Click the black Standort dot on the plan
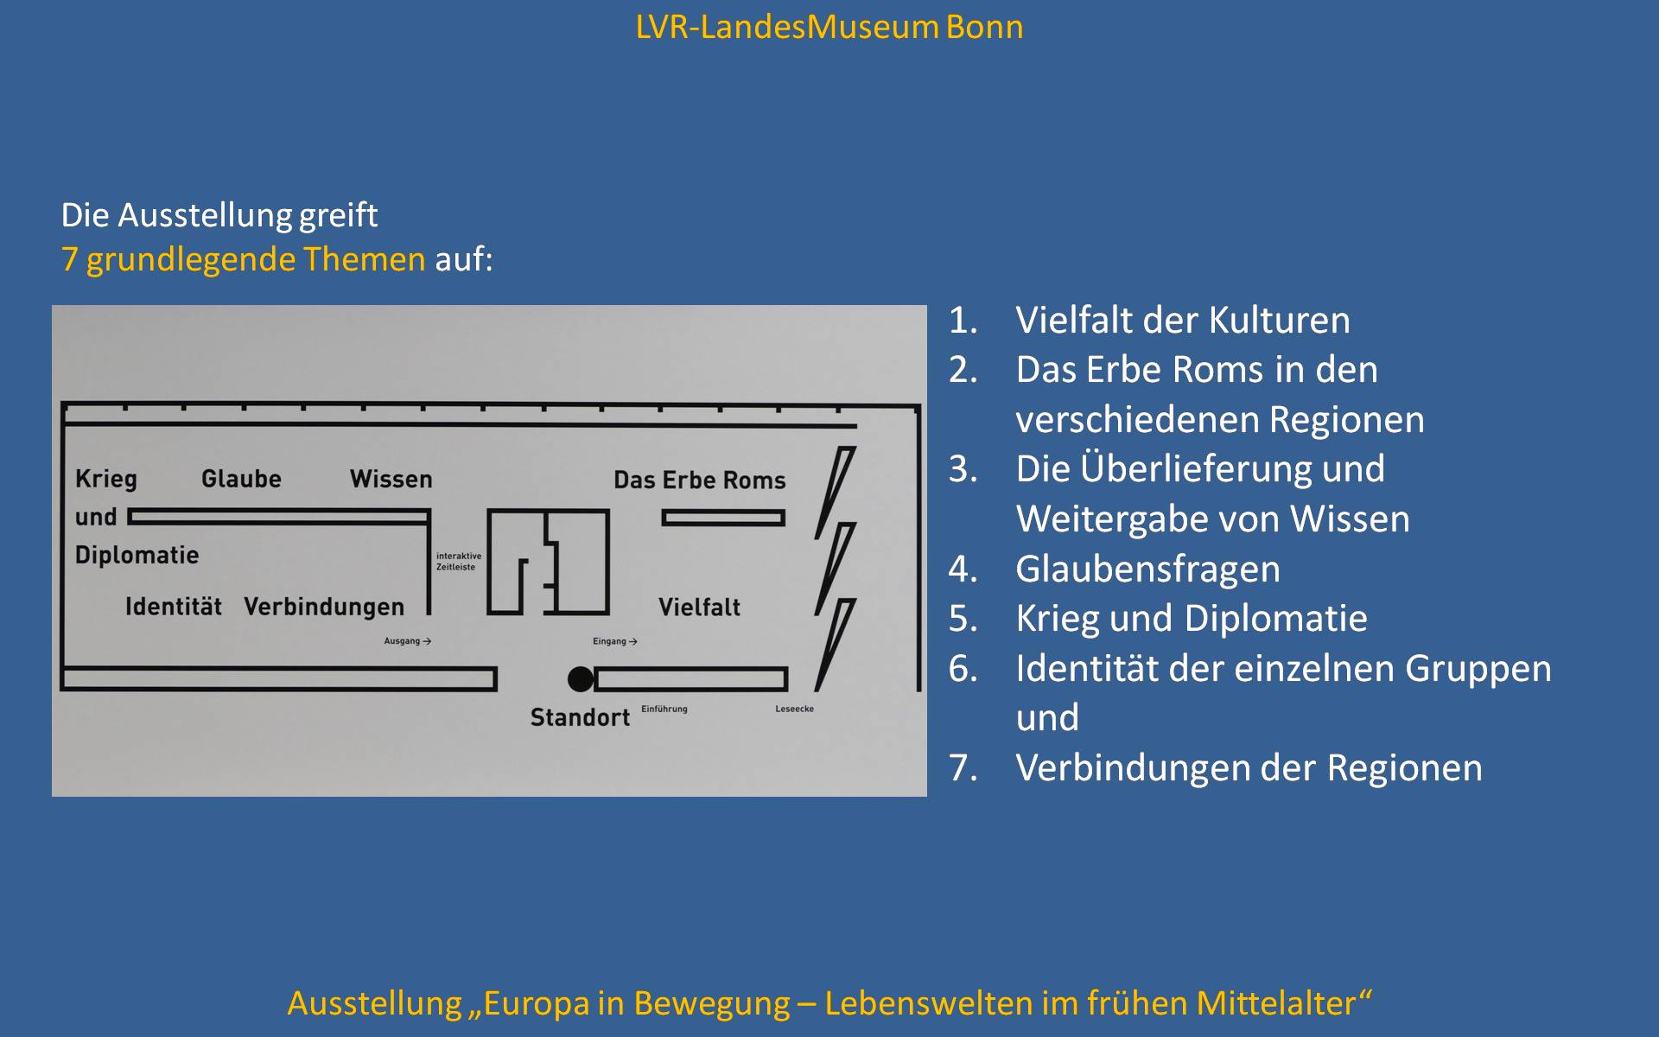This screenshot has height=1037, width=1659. pos(581,679)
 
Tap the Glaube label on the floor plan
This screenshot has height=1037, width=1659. pos(241,479)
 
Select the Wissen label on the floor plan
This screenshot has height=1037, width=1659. pos(391,479)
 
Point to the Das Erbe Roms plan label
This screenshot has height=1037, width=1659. pos(700,480)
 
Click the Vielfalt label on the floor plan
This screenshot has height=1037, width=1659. pos(699,607)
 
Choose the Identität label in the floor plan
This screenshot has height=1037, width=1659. pos(174,606)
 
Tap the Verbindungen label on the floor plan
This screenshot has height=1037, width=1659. pos(324,607)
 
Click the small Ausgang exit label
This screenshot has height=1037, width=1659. pos(408,641)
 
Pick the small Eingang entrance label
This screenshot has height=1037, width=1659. pos(615,641)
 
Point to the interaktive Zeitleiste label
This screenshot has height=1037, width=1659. pos(459,562)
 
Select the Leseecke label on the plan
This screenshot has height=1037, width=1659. pos(794,709)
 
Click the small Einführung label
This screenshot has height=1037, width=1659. pos(664,709)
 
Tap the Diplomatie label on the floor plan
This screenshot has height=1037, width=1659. pos(137,555)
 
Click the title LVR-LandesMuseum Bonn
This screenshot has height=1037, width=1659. pos(829,27)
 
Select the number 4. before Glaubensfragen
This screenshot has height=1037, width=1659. pos(963,569)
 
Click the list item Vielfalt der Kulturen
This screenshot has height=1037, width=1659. pos(1183,320)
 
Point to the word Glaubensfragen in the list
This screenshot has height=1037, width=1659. pos(1148,569)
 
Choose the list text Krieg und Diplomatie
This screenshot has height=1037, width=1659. pos(1192,619)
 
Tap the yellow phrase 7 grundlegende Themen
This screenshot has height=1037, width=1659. pos(244,259)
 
